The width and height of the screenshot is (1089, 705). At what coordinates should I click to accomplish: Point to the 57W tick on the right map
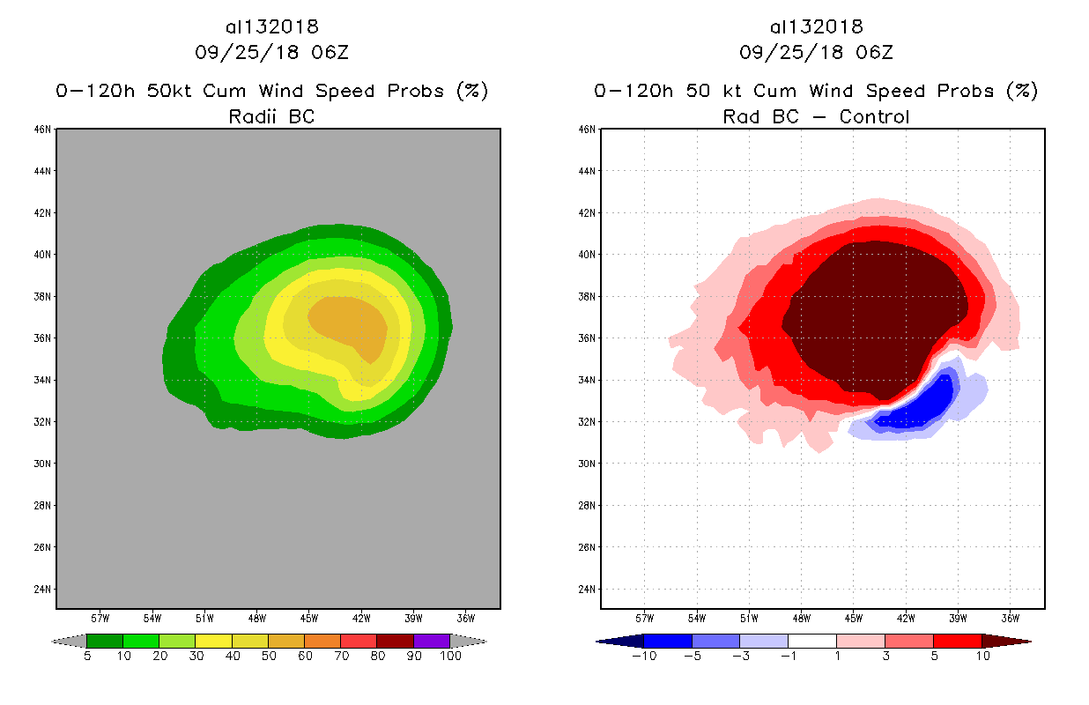[644, 617]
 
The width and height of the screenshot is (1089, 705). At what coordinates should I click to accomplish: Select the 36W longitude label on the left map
[466, 617]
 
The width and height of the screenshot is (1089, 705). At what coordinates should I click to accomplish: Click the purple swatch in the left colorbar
[432, 641]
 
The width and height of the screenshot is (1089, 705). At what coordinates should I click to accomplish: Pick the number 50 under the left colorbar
[268, 657]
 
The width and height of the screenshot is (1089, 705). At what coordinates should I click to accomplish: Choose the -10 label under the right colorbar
[644, 657]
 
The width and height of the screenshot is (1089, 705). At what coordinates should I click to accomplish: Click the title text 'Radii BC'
[271, 116]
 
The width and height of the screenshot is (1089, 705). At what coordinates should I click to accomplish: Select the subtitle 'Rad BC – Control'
[816, 116]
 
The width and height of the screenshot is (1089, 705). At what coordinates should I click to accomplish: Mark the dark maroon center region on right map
[872, 308]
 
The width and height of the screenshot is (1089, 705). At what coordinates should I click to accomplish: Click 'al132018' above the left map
[271, 27]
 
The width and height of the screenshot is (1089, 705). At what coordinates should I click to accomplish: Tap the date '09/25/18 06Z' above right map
[816, 53]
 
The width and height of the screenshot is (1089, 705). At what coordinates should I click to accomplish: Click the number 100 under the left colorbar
[449, 657]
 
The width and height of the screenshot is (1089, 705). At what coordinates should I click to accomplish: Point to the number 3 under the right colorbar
[885, 657]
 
